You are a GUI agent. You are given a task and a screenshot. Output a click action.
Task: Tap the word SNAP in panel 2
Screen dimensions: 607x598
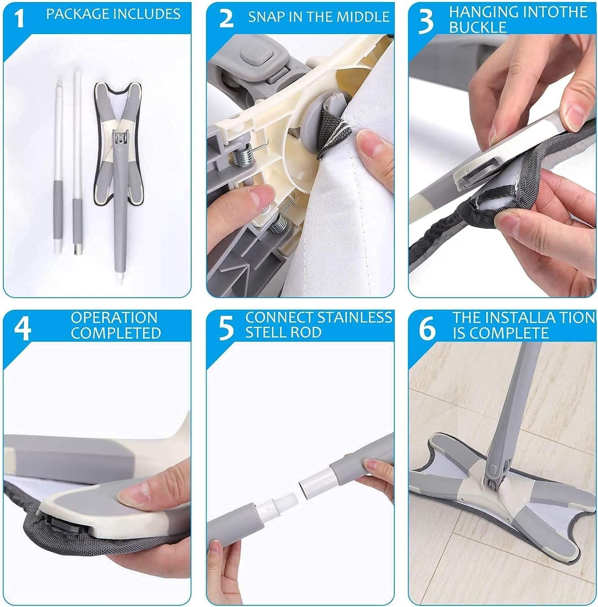[x=266, y=17]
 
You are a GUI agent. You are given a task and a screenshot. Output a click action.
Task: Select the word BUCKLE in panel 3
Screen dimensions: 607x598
[x=477, y=27]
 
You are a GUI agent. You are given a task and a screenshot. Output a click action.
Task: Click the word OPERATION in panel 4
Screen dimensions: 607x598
[x=114, y=318]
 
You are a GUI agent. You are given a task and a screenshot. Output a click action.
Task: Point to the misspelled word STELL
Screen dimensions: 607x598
[x=264, y=333]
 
